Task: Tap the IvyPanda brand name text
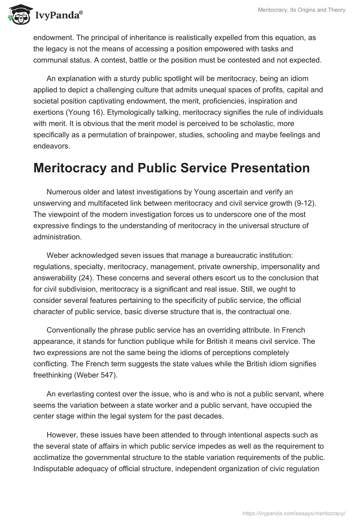coord(59,15)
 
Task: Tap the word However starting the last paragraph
coord(62,436)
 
